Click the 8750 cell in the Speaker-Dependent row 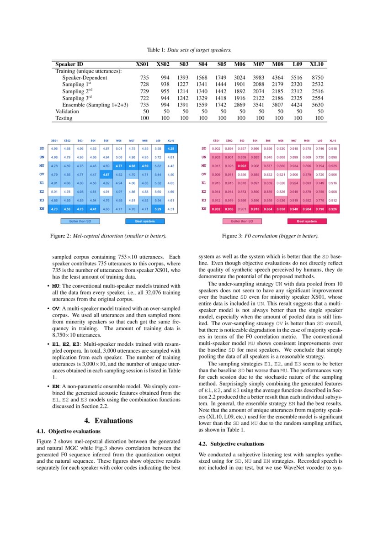(317, 78)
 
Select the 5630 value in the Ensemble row (317, 105)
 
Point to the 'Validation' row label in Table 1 (67, 111)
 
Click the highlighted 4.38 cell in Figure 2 (171, 148)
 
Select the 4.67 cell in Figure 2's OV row (106, 174)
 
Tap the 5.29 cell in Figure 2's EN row (158, 209)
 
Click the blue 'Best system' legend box (144, 222)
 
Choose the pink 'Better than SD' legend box (242, 222)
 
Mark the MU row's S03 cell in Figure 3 (242, 166)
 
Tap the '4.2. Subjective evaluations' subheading (232, 444)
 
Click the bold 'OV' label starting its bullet (56, 308)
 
